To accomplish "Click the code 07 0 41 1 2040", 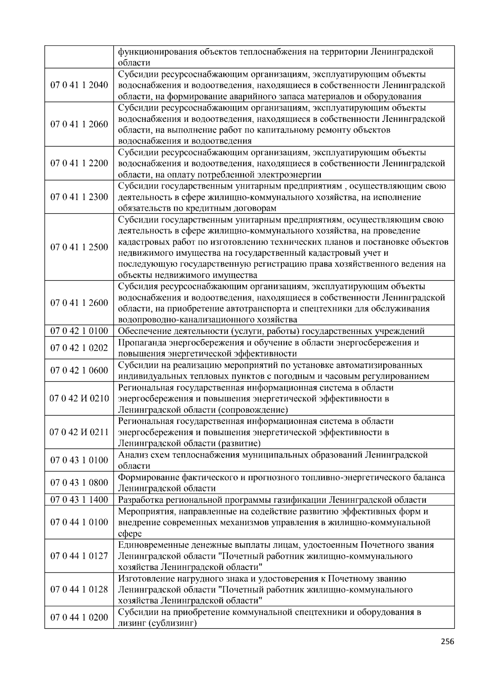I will pyautogui.click(x=79, y=85).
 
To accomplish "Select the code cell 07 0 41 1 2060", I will pyautogui.click(x=79, y=124).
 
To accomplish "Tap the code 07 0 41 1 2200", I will pyautogui.click(x=79, y=163).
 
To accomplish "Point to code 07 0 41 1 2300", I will pyautogui.click(x=79, y=197).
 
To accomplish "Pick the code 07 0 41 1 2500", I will pyautogui.click(x=79, y=247).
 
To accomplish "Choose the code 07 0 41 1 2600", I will pyautogui.click(x=79, y=303).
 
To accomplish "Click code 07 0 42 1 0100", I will pyautogui.click(x=79, y=331).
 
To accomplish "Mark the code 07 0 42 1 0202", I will pyautogui.click(x=79, y=348).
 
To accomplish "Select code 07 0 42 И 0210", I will pyautogui.click(x=79, y=398).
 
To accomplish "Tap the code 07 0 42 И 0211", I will pyautogui.click(x=79, y=432).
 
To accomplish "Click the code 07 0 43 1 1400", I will pyautogui.click(x=79, y=500).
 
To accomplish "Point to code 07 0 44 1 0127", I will pyautogui.click(x=79, y=556).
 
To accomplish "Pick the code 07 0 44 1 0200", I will pyautogui.click(x=79, y=617).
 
